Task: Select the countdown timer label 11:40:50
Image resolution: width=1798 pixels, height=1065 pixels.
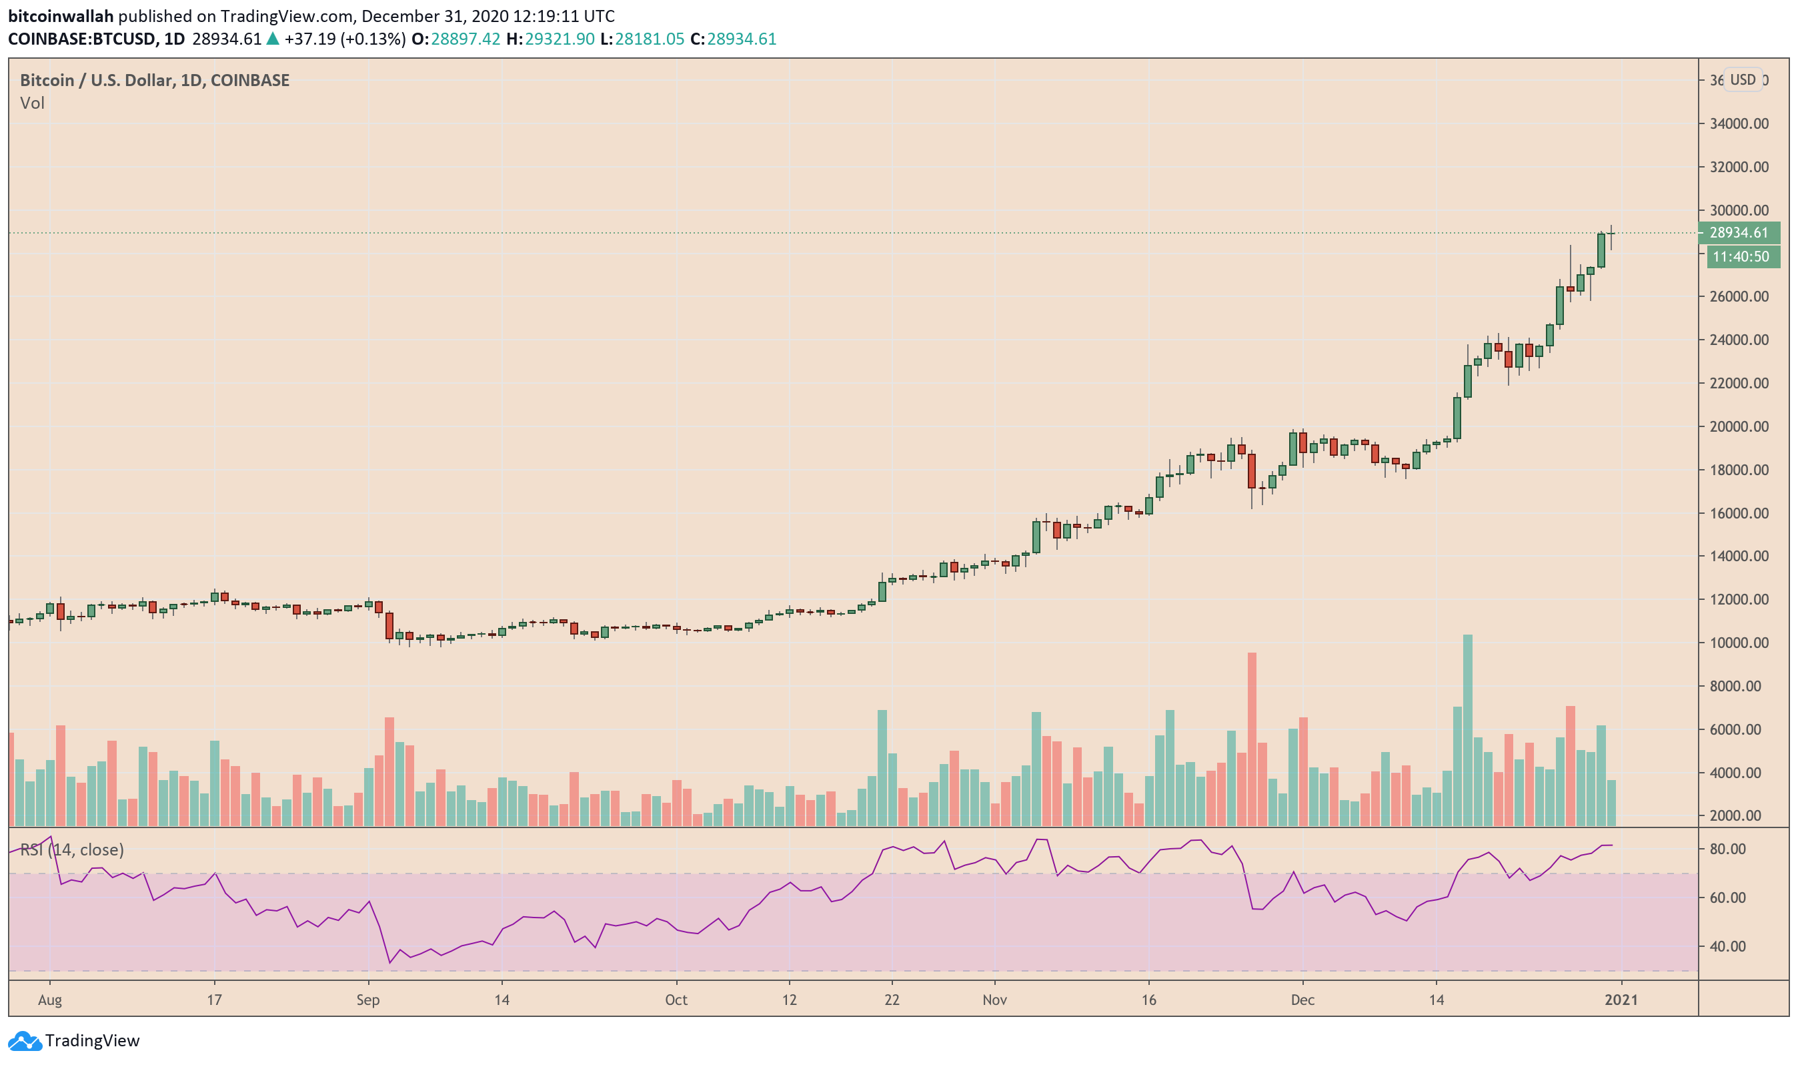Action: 1740,256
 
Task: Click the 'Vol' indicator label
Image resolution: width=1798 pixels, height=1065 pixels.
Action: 32,103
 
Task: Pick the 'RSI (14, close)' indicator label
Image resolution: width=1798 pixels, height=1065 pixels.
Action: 72,849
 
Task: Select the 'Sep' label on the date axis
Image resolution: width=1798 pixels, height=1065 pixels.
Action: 367,1000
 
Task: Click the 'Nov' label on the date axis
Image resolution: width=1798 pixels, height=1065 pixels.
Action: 994,1000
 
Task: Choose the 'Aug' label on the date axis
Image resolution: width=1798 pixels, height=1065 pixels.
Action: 49,1000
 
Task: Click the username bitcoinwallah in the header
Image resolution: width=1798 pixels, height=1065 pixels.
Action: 61,16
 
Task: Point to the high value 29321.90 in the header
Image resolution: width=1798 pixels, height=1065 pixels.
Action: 559,39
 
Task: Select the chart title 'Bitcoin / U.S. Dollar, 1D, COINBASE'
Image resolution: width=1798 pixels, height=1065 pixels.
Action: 154,80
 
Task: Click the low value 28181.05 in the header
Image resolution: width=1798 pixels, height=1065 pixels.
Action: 648,39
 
